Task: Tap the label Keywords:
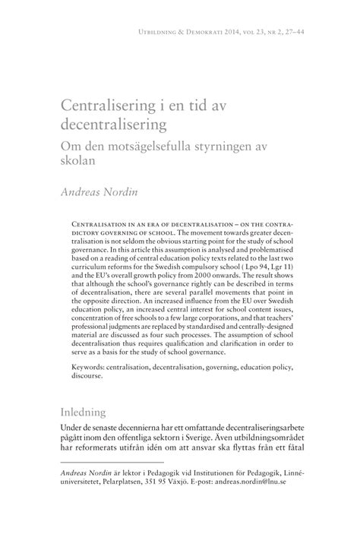click(89, 366)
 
